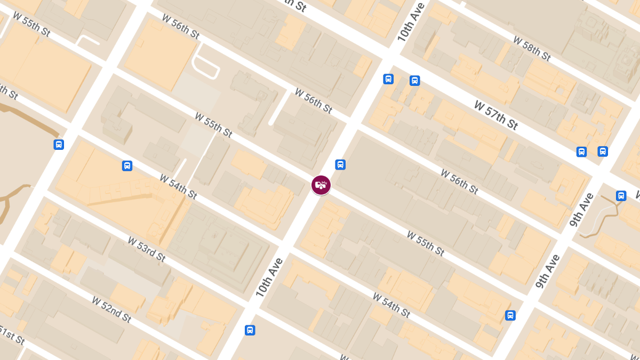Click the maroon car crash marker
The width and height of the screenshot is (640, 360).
321,185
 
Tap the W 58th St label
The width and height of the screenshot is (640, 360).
532,48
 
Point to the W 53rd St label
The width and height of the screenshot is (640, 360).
147,249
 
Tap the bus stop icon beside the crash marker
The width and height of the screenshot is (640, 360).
340,164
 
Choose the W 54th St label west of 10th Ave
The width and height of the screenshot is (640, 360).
178,187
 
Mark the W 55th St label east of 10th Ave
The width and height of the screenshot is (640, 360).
425,243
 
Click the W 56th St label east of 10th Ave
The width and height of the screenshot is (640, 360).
459,181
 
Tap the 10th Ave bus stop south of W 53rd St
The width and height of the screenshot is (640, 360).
250,330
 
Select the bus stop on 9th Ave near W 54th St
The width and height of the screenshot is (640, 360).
510,315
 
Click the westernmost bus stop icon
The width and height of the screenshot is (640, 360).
59,145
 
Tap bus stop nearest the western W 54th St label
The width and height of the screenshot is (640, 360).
127,165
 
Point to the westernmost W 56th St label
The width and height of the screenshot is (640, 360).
180,27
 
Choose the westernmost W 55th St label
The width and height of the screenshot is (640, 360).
32,25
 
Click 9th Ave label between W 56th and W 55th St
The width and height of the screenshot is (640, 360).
548,271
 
